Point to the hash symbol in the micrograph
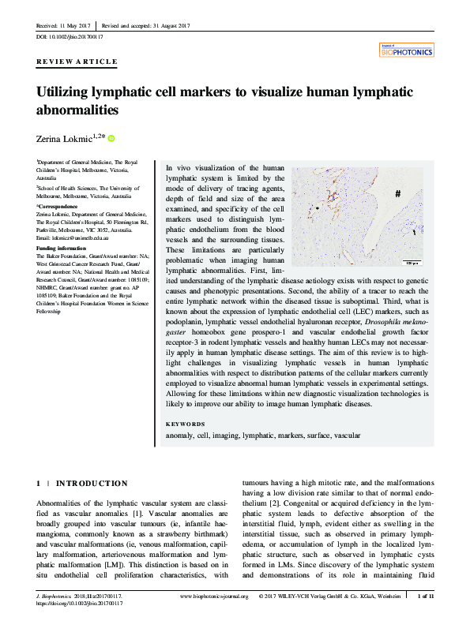click(x=398, y=193)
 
